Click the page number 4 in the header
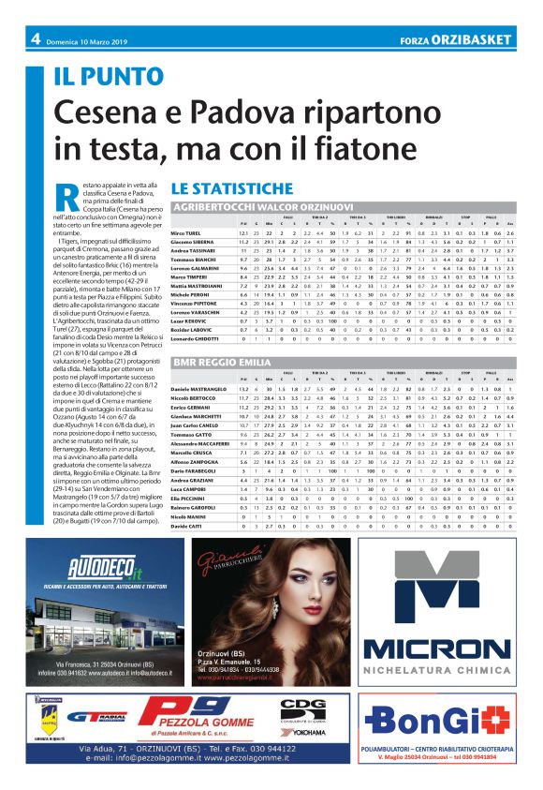pos(35,38)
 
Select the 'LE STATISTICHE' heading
pos(222,188)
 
